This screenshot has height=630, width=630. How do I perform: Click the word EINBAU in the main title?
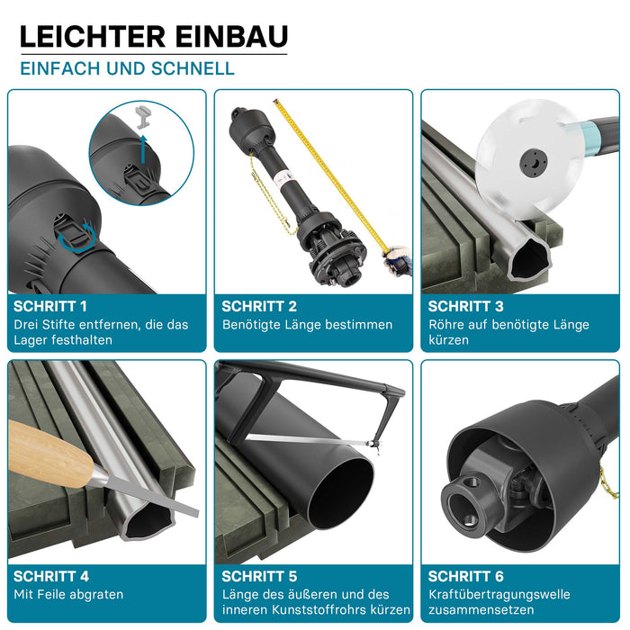click(x=232, y=37)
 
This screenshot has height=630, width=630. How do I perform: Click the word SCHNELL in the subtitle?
click(x=193, y=68)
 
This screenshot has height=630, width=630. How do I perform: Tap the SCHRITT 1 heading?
click(x=50, y=307)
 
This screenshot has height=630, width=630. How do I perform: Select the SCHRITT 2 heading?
click(x=259, y=307)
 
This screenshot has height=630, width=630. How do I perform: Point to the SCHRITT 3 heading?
click(x=465, y=307)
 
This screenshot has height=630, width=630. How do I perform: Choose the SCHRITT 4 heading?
click(x=51, y=577)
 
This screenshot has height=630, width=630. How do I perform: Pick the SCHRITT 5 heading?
click(x=259, y=577)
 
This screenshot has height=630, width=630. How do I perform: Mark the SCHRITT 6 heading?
click(x=465, y=577)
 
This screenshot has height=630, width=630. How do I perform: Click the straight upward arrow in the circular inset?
click(x=143, y=149)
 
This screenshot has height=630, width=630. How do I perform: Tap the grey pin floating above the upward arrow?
click(x=142, y=116)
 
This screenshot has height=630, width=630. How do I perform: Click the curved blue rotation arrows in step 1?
click(x=76, y=238)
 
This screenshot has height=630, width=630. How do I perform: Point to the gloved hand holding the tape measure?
click(x=397, y=261)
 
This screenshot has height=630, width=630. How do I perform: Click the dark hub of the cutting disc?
click(x=533, y=162)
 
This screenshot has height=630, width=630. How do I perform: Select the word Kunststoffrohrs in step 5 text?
click(x=319, y=609)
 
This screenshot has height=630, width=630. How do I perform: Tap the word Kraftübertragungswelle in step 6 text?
click(x=499, y=594)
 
